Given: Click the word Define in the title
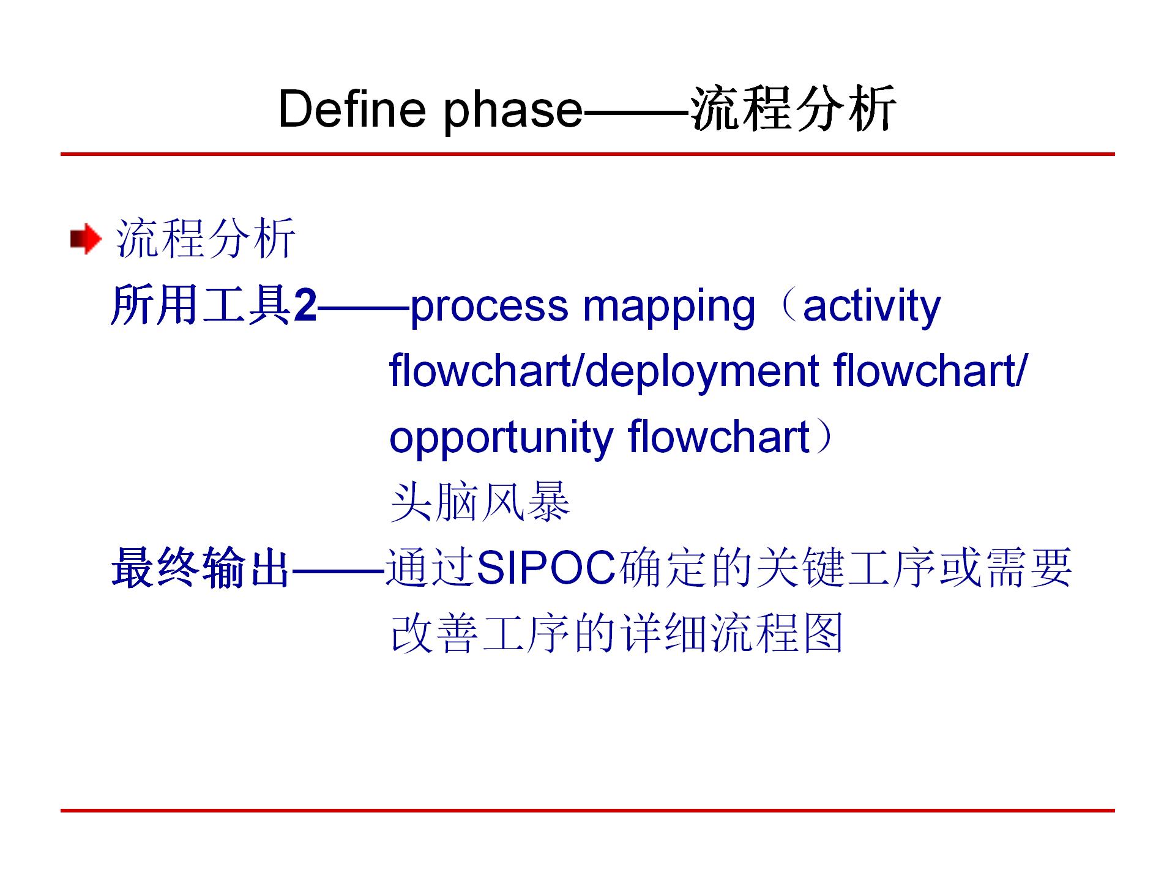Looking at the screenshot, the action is (352, 109).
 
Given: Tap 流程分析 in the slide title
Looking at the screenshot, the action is (794, 109).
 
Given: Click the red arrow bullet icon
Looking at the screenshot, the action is (86, 239).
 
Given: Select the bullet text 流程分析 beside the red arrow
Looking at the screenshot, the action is (206, 238).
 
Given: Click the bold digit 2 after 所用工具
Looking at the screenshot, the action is (305, 306).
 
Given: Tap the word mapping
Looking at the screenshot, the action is (669, 308).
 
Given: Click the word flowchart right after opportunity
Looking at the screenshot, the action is (719, 436).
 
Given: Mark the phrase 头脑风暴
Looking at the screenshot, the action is (480, 502).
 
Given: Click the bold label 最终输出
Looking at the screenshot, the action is (200, 568).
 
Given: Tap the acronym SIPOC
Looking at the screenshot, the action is (546, 568).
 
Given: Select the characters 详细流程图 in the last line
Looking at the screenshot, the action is (732, 633).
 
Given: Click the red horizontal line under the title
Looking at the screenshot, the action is (587, 154).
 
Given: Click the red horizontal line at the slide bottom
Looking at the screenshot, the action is (587, 811).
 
